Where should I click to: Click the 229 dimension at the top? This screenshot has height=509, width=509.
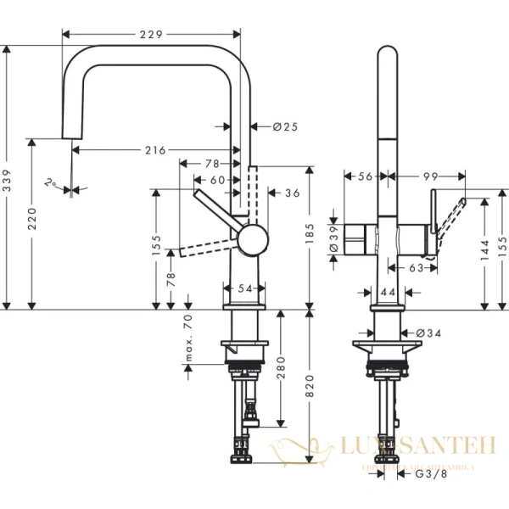tap(151, 34)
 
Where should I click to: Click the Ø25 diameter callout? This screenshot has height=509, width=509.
tap(285, 126)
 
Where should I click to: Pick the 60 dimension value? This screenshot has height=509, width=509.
tap(218, 180)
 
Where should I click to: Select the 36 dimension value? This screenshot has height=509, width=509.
tap(292, 193)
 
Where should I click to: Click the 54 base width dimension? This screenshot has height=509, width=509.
tap(245, 289)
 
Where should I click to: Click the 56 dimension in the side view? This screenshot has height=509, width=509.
tap(366, 176)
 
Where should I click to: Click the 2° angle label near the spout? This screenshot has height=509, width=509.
tap(53, 182)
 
